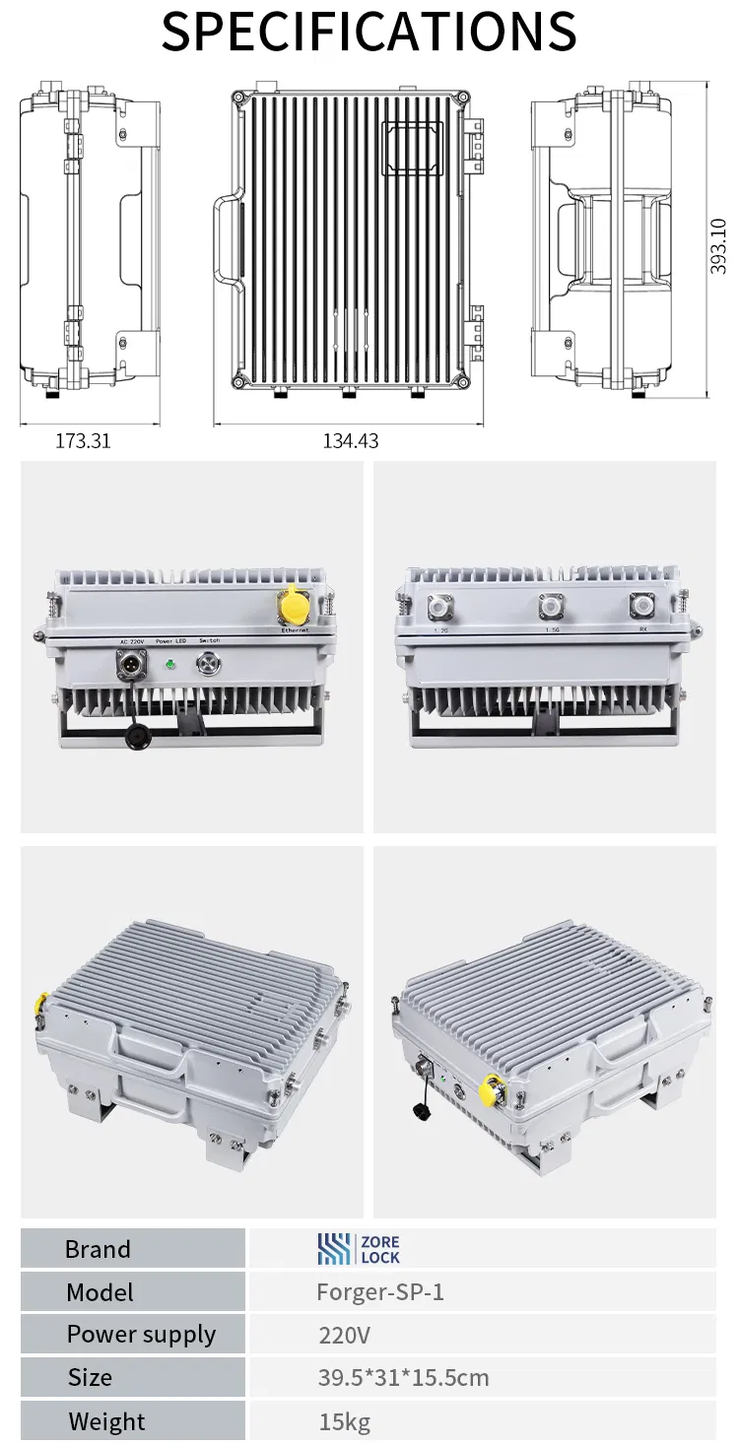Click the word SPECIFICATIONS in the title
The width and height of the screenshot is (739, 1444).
369,32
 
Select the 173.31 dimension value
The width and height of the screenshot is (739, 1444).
83,441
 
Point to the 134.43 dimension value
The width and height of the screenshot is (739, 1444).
351,441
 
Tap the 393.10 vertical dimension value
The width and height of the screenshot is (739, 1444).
719,246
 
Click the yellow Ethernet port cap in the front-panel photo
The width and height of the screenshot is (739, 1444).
294,604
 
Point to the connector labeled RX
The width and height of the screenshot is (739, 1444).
642,606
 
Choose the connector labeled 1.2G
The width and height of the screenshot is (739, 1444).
438,606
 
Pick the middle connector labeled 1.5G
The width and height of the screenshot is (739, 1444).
549,606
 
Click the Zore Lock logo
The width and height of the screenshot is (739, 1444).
359,1249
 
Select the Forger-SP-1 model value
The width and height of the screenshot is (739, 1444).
380,1292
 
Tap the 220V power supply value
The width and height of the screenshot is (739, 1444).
344,1336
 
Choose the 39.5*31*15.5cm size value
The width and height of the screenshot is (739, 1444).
403,1378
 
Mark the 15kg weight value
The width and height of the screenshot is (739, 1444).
344,1422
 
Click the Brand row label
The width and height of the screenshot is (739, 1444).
98,1249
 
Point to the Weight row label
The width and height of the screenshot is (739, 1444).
106,1422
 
